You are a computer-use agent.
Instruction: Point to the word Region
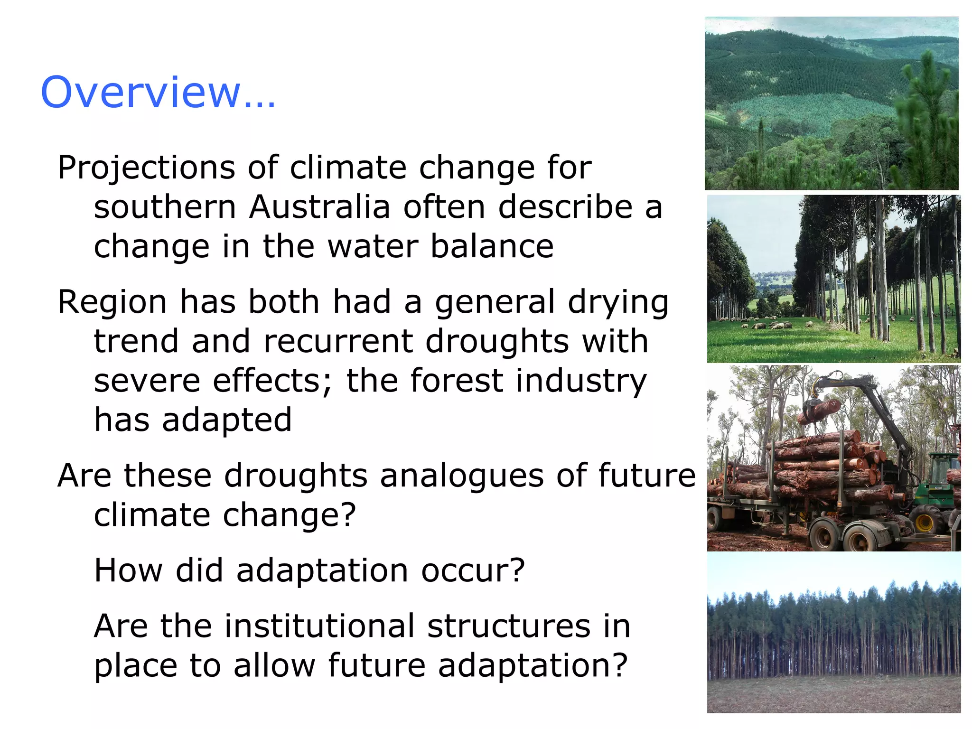(x=112, y=302)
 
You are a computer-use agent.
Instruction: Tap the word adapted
(x=227, y=421)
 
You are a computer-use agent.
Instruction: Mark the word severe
(x=147, y=381)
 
